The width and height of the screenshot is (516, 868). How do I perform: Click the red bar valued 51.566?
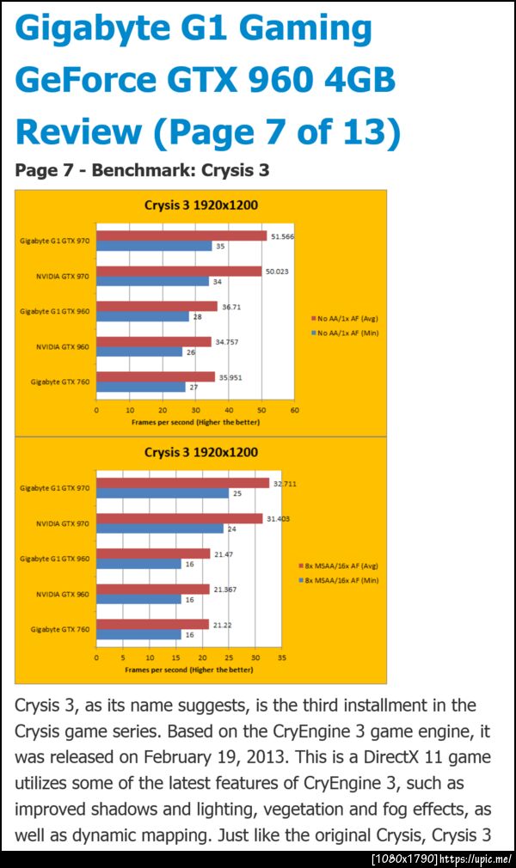181,235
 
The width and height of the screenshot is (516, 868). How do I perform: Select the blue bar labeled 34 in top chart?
152,281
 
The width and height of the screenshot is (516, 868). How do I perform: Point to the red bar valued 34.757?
154,341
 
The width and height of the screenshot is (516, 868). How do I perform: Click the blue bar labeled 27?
140,387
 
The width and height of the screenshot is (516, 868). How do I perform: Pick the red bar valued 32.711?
182,483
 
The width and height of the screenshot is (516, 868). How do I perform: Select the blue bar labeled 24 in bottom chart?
159,529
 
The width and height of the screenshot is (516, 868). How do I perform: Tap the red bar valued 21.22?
152,624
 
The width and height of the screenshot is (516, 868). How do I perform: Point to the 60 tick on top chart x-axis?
294,411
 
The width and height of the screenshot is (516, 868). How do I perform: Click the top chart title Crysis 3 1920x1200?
200,205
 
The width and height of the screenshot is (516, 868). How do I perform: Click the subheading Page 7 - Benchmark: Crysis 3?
142,169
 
